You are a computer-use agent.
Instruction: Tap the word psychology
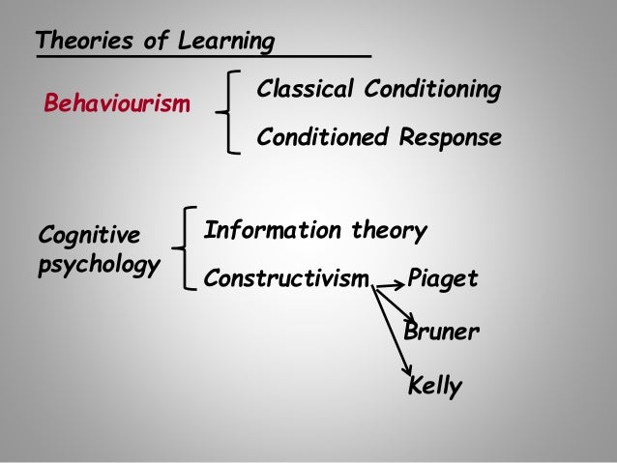[98, 265]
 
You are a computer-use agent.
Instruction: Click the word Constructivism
[287, 280]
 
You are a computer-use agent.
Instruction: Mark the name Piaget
[444, 280]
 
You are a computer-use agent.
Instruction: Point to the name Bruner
[441, 333]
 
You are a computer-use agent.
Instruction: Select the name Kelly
[435, 387]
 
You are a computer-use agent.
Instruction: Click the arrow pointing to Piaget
[392, 284]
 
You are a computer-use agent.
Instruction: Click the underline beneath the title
[203, 57]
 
